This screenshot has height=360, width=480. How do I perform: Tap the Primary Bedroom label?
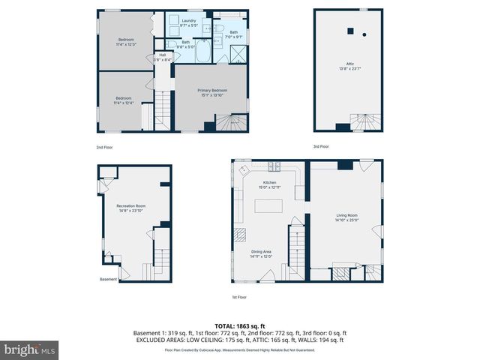[x=212, y=91]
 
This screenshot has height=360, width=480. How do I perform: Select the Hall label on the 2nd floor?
[x=163, y=55]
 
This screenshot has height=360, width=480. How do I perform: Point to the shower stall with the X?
[x=238, y=53]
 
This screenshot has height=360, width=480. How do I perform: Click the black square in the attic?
[x=349, y=31]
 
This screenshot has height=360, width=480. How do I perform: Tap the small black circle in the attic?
[x=364, y=34]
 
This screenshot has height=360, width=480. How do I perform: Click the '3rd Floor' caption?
[x=321, y=146]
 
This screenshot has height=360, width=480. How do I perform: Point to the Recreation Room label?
[x=130, y=205]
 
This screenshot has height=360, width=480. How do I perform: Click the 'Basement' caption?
[x=108, y=280]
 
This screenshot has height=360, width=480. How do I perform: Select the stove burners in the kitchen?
[x=274, y=166]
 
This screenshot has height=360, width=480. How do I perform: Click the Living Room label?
[x=347, y=215]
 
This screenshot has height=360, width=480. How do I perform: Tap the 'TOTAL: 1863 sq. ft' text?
[x=240, y=326]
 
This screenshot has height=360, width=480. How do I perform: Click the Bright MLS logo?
[x=30, y=349]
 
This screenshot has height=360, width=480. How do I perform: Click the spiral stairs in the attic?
[x=366, y=121]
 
